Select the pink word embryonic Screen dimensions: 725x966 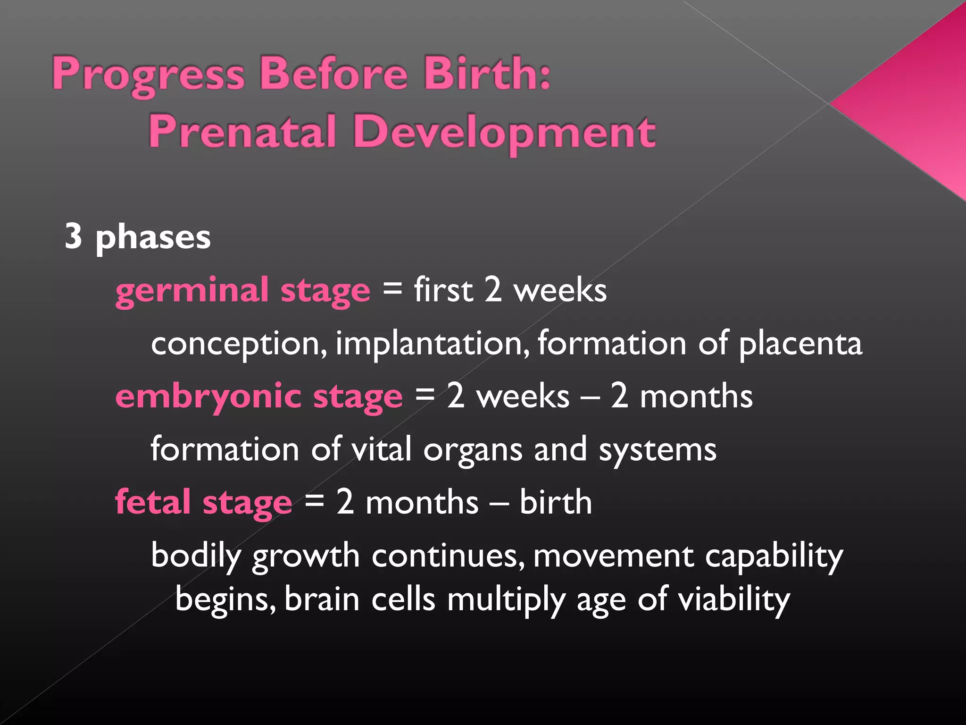point(208,396)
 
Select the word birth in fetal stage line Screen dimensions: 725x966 point(555,502)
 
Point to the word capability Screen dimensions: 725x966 point(774,556)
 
